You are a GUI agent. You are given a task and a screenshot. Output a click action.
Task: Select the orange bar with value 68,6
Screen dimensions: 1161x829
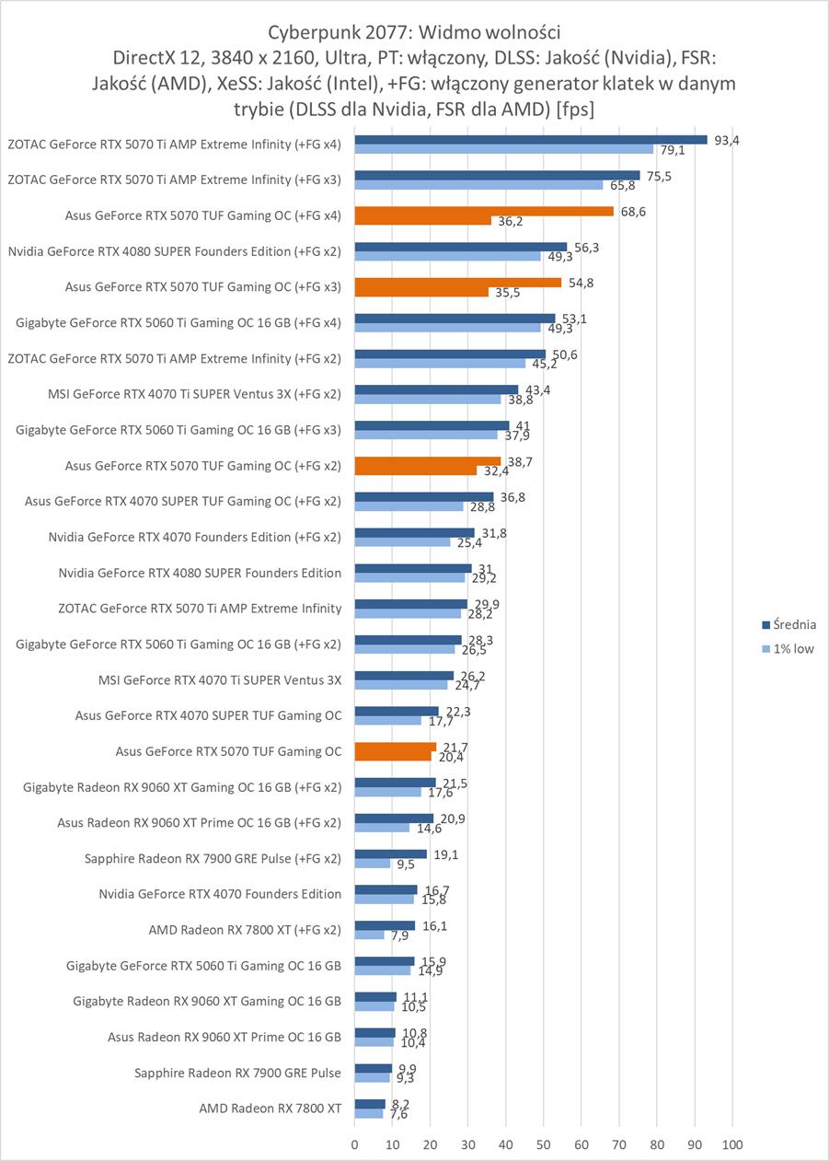point(484,211)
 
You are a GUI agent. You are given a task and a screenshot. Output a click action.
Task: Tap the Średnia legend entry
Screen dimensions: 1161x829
point(794,624)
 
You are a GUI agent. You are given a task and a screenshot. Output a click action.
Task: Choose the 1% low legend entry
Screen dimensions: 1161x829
point(793,648)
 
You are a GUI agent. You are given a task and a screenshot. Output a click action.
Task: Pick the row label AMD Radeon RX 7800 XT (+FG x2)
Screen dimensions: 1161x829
point(245,929)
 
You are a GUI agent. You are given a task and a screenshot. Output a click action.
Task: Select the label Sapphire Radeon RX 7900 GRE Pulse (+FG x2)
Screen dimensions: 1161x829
point(213,858)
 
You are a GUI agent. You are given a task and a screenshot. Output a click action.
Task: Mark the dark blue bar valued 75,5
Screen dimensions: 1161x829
point(497,175)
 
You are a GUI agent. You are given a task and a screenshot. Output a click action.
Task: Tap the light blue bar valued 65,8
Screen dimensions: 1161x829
point(478,185)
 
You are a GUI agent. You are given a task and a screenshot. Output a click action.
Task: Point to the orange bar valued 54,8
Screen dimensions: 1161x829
point(457,283)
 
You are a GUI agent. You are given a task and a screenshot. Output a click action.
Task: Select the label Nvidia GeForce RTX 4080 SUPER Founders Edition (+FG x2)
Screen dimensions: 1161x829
point(174,250)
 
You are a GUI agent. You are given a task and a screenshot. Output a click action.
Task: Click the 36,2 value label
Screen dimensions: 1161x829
point(510,222)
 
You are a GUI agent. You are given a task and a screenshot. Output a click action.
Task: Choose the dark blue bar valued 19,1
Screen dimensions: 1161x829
point(390,853)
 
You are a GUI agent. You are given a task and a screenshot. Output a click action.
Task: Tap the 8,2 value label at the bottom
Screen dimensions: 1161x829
point(398,1103)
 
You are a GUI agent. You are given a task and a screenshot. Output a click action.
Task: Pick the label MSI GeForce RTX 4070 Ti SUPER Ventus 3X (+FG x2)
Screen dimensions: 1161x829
point(193,394)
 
